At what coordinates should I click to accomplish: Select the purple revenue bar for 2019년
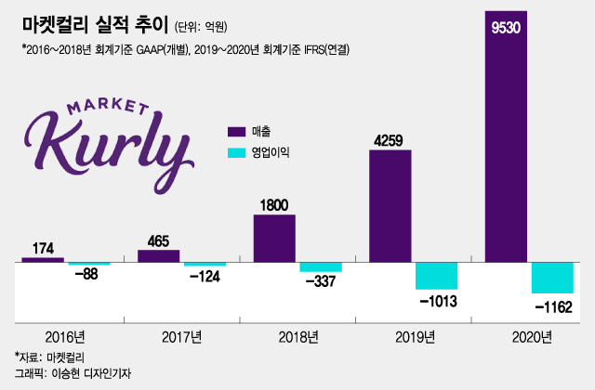tap(390, 205)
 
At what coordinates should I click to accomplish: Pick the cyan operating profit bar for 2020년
tap(552, 278)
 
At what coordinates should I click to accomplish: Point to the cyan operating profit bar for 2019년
tap(436, 276)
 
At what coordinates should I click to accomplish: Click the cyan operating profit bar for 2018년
tap(320, 267)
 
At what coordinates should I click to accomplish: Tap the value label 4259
tap(390, 141)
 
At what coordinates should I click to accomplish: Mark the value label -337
tap(320, 281)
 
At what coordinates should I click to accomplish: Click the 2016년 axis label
tap(65, 335)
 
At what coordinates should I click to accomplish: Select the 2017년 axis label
tap(181, 335)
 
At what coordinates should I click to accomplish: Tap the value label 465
tap(158, 241)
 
